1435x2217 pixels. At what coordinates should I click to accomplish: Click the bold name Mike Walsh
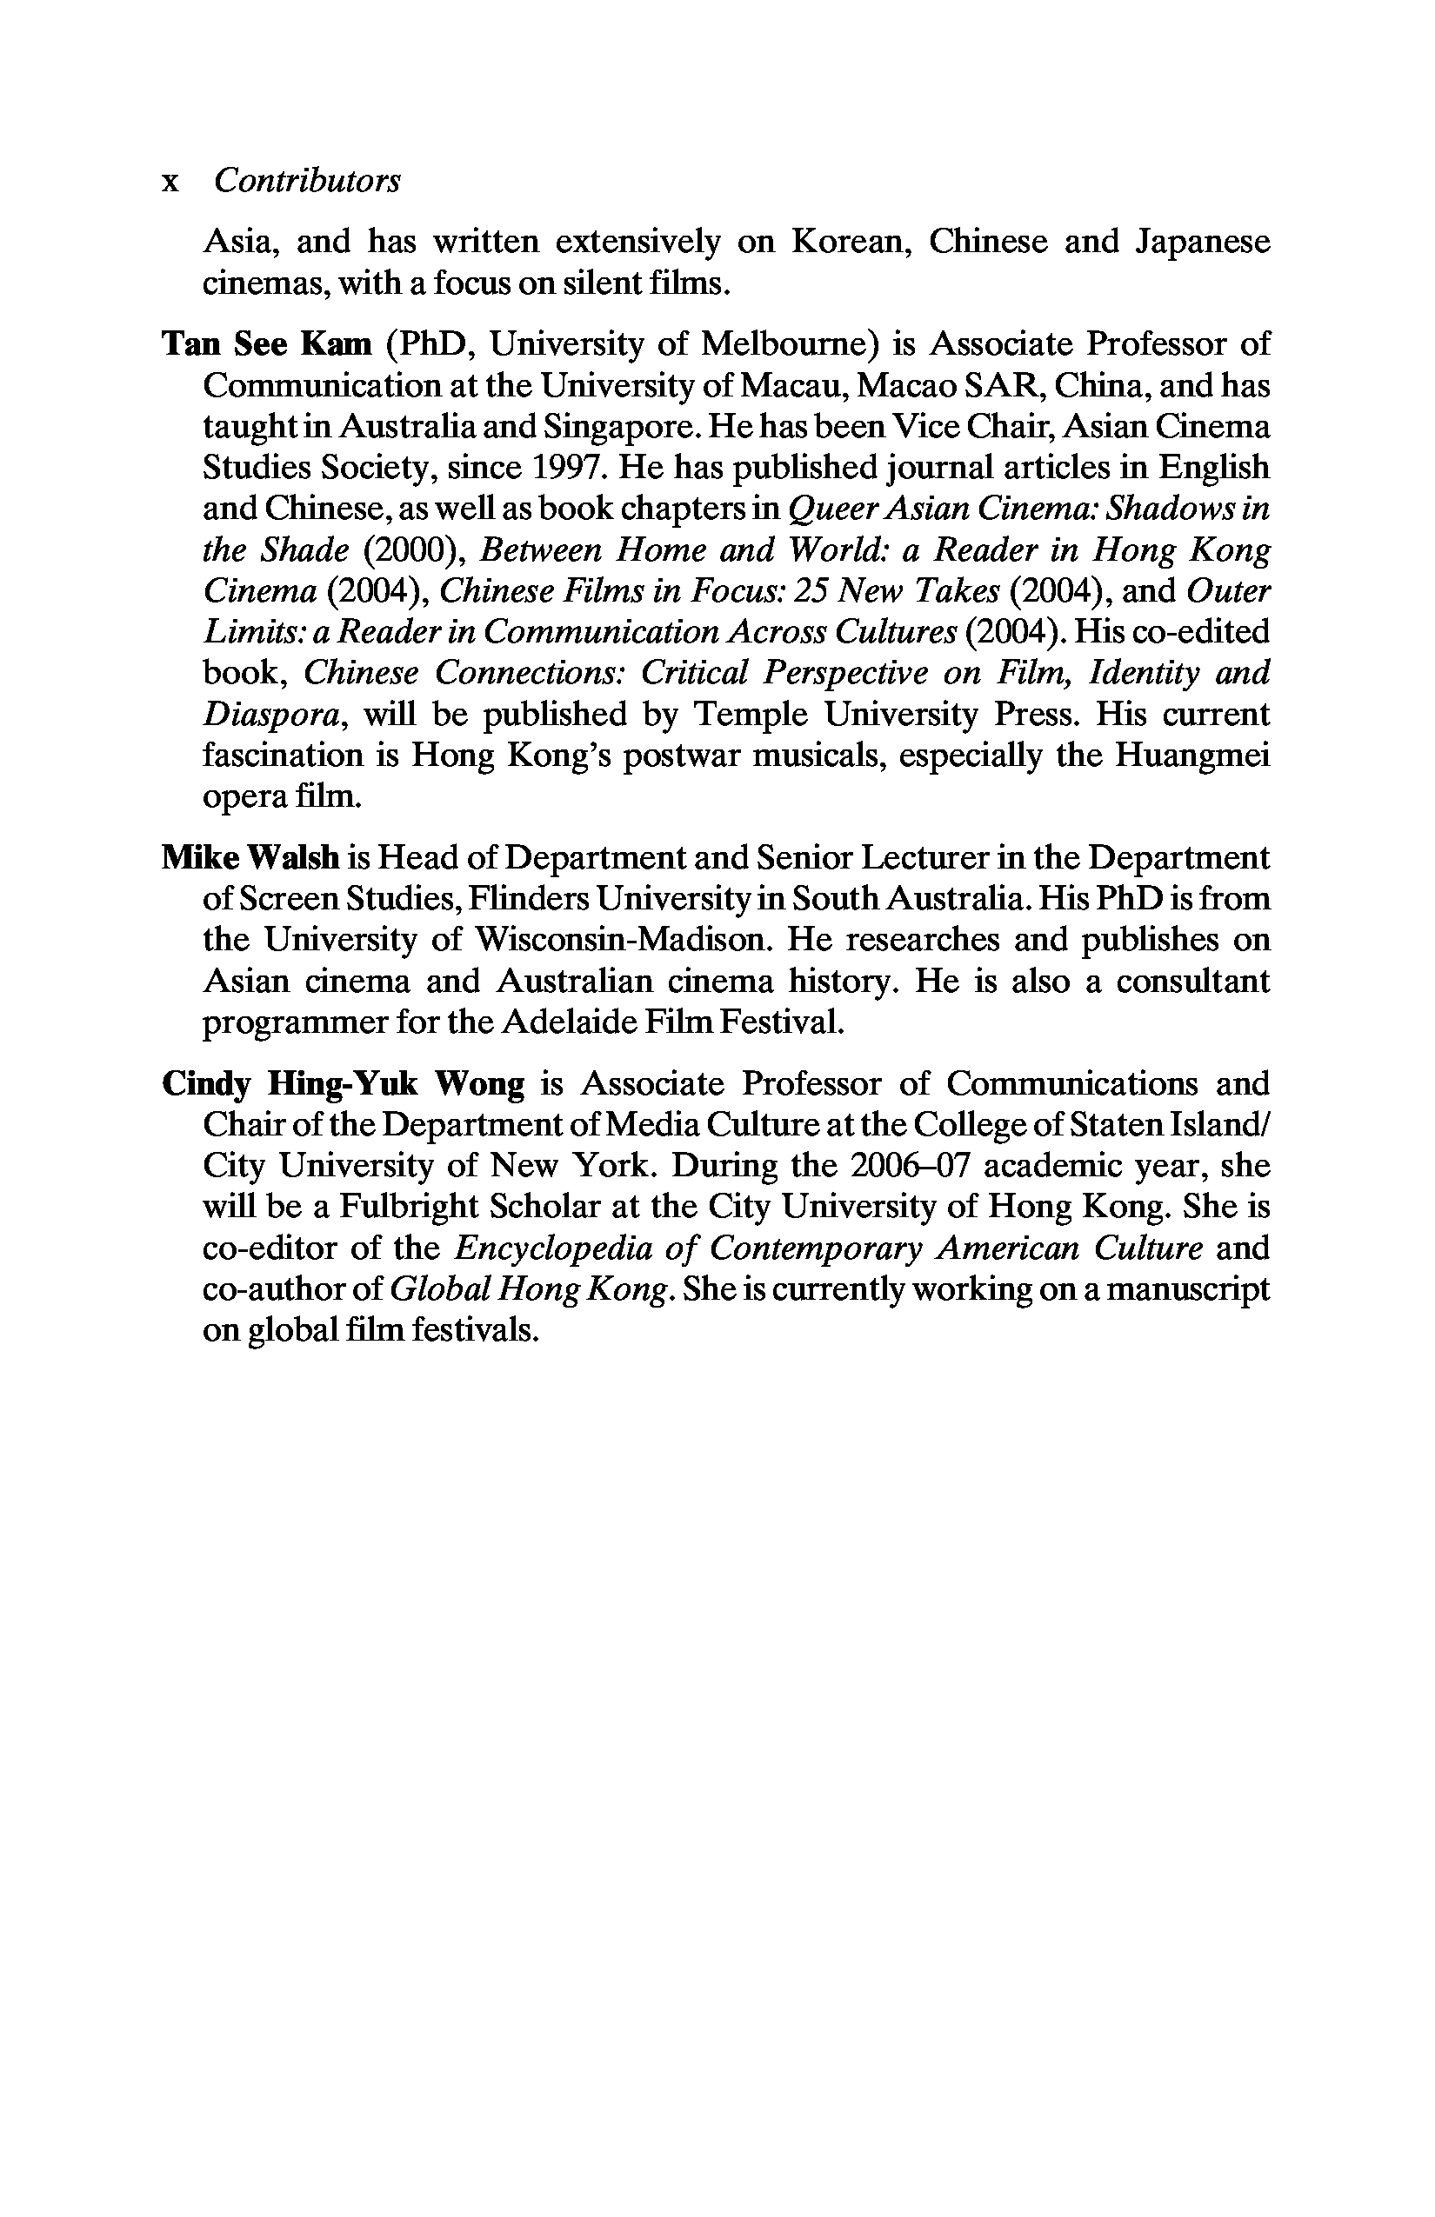tap(250, 857)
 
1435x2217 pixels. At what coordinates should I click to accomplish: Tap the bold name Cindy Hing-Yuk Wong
tap(343, 1083)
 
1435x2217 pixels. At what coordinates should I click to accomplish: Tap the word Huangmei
tap(1201, 755)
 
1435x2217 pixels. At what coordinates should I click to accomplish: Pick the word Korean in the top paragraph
tap(846, 242)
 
